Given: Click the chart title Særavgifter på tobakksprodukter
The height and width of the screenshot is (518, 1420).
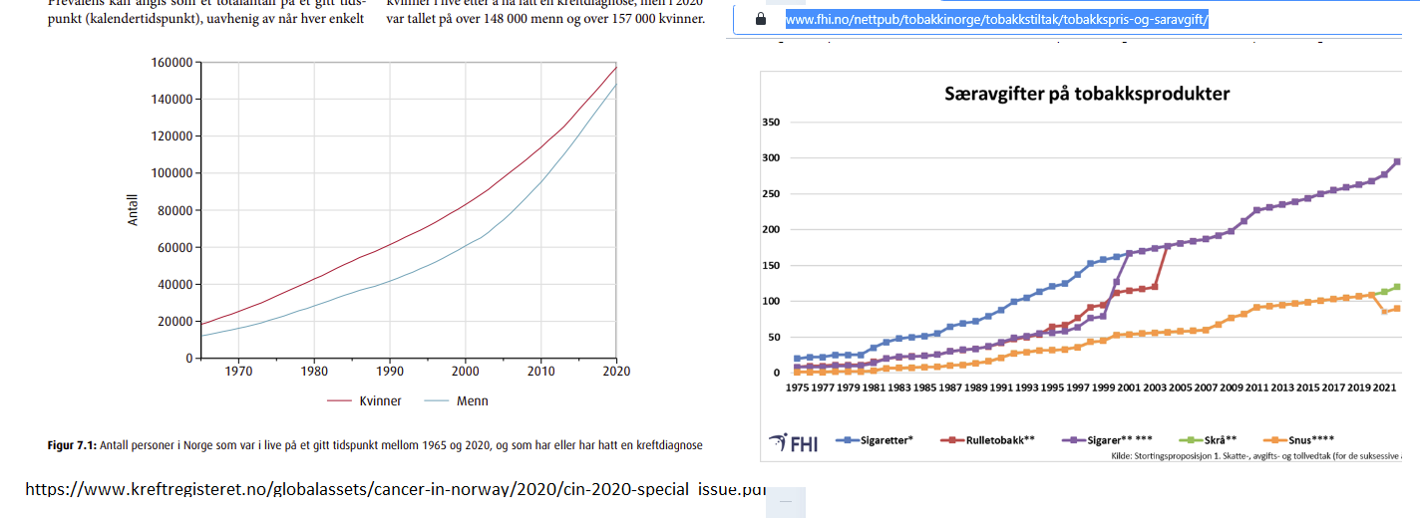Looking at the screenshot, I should pyautogui.click(x=1087, y=94).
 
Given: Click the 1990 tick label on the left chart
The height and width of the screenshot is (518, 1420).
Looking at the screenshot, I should pyautogui.click(x=389, y=372).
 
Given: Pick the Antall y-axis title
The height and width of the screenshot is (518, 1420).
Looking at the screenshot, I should pyautogui.click(x=134, y=209).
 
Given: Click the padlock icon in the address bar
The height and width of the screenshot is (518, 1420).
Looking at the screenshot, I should pyautogui.click(x=761, y=19).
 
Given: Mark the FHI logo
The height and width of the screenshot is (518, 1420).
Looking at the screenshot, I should pyautogui.click(x=793, y=441).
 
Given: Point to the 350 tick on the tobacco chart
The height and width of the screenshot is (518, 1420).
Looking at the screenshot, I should pyautogui.click(x=770, y=123).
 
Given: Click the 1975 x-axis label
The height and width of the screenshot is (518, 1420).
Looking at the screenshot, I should pyautogui.click(x=797, y=387).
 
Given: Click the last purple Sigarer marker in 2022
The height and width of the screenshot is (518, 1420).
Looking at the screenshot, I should pyautogui.click(x=1397, y=161).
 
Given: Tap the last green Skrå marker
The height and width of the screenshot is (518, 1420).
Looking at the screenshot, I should pyautogui.click(x=1397, y=287).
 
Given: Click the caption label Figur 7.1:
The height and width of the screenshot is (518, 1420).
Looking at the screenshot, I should pyautogui.click(x=70, y=445).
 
